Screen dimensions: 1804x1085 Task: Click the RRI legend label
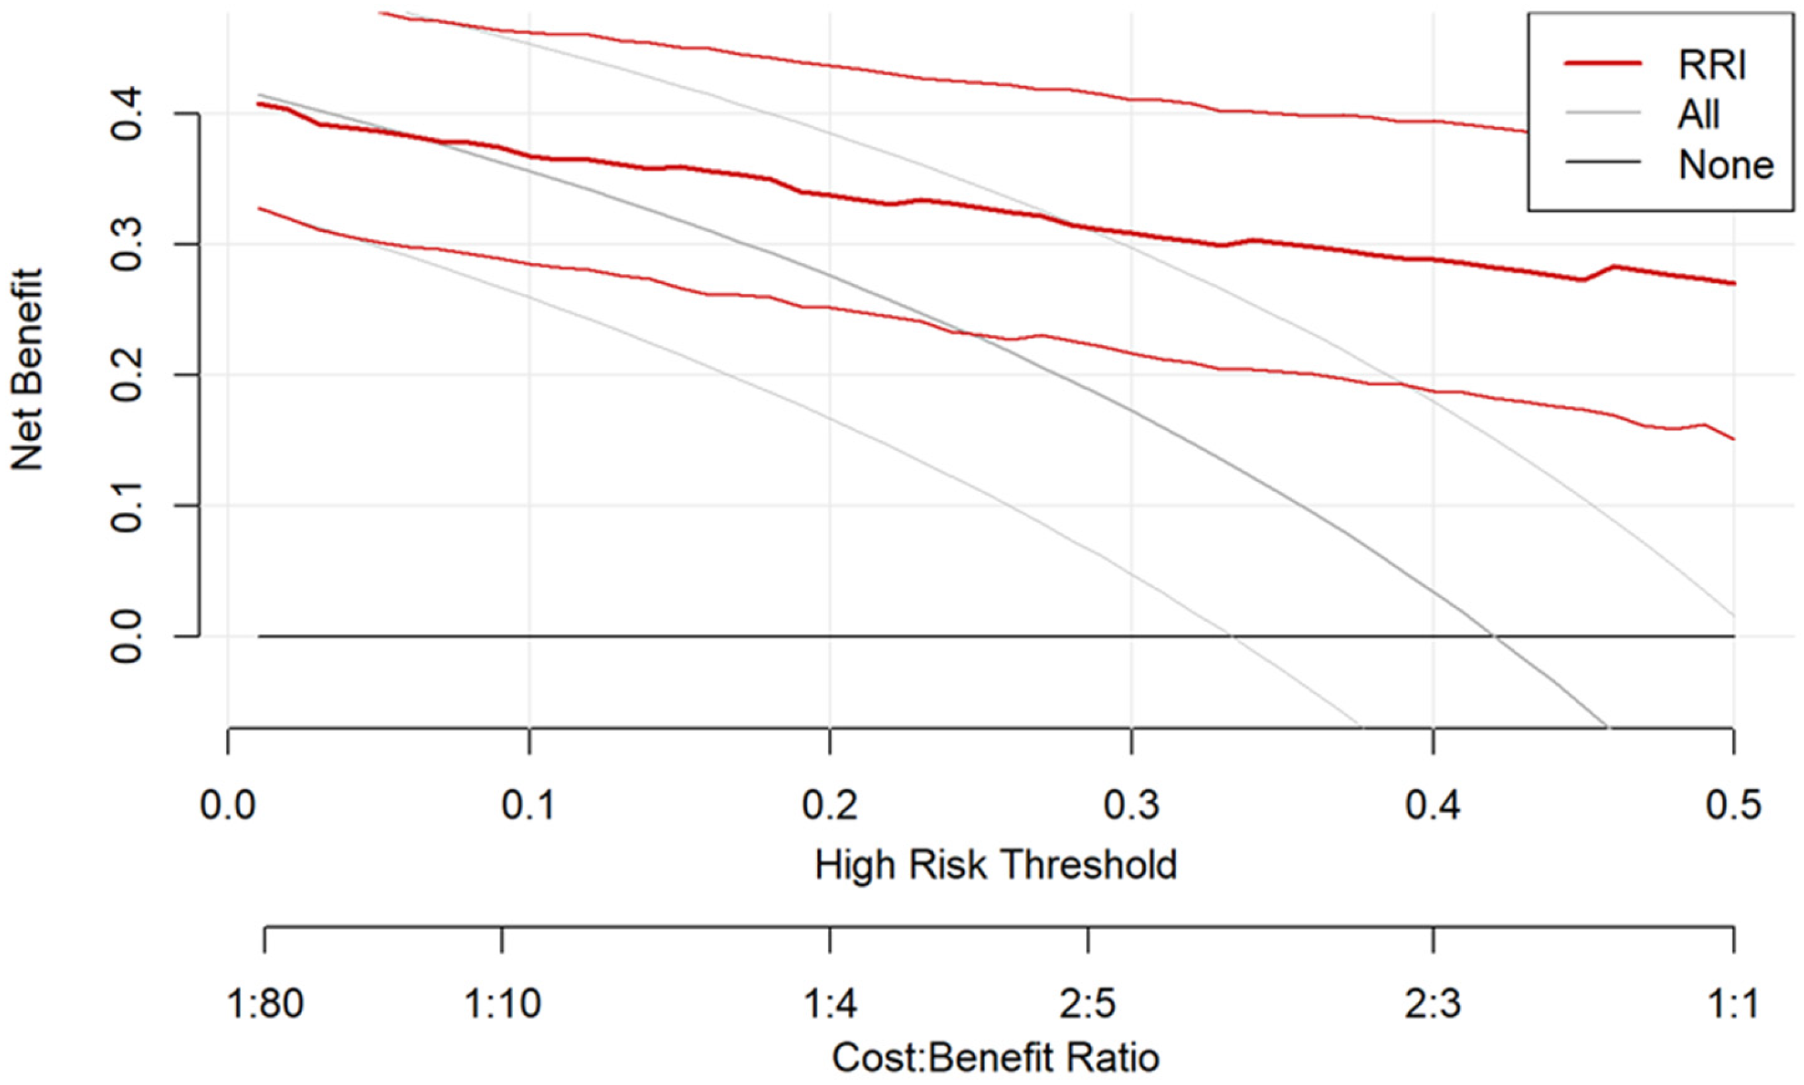click(1712, 65)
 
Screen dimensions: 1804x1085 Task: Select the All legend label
click(1699, 114)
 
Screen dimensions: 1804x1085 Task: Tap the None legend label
click(1726, 165)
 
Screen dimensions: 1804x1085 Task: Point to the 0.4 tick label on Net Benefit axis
click(126, 114)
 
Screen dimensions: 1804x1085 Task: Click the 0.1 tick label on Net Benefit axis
click(126, 505)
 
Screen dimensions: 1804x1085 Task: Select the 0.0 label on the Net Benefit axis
click(126, 636)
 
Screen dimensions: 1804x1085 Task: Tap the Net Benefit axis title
click(27, 369)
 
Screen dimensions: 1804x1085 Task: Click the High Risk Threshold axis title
click(996, 865)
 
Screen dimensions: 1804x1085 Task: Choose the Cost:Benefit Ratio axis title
click(996, 1057)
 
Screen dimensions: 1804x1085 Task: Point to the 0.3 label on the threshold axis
click(1132, 805)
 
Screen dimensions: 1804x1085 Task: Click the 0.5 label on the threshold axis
click(1734, 805)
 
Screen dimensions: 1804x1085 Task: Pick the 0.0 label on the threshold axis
click(228, 805)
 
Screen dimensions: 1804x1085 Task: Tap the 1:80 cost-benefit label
click(266, 1003)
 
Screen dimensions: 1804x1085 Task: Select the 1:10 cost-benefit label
click(502, 1003)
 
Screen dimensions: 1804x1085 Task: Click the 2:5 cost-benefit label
click(1088, 1003)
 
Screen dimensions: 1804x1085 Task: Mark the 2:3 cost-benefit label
click(1433, 1003)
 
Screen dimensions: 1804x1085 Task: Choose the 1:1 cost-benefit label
click(1734, 1003)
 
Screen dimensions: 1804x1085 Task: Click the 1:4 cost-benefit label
click(830, 1003)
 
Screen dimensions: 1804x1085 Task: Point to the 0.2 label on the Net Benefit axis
click(126, 375)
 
